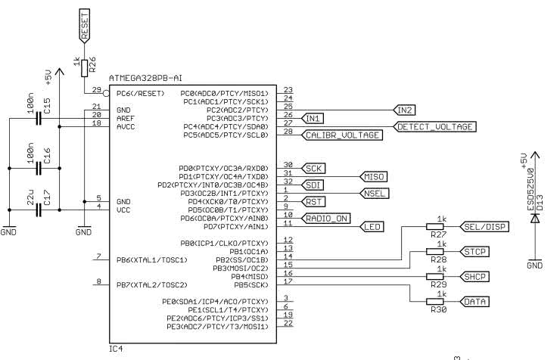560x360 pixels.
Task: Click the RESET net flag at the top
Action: (x=86, y=26)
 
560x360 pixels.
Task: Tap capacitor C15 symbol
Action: (x=37, y=119)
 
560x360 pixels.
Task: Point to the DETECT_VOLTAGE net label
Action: (x=436, y=126)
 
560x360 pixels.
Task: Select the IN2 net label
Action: (x=404, y=110)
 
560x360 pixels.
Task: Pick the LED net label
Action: (x=372, y=227)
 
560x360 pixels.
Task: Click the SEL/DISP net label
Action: (x=485, y=227)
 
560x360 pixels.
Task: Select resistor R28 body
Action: (x=437, y=252)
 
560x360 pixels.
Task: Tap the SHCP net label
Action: (x=474, y=276)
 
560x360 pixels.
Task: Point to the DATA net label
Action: (x=474, y=301)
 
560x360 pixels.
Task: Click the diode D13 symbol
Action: (x=534, y=218)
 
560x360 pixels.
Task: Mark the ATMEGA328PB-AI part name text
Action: (x=146, y=78)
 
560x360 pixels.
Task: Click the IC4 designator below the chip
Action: (x=116, y=349)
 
